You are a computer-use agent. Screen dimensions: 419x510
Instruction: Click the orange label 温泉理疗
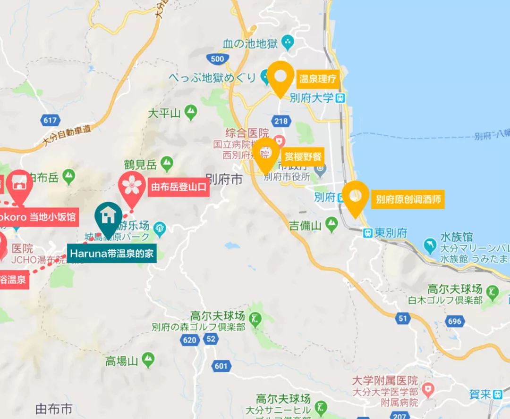(318, 79)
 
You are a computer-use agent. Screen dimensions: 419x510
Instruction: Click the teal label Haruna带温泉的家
(112, 254)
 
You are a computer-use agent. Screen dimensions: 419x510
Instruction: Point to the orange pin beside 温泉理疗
(280, 76)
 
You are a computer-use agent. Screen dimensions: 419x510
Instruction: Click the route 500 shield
(218, 59)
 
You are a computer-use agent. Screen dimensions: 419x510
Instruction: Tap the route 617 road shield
(51, 120)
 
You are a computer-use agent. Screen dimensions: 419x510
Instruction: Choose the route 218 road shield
(280, 121)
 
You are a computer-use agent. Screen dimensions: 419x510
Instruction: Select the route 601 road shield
(221, 366)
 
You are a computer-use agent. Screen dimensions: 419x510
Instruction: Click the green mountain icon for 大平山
(191, 112)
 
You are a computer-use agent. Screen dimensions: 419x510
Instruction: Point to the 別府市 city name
(224, 180)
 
